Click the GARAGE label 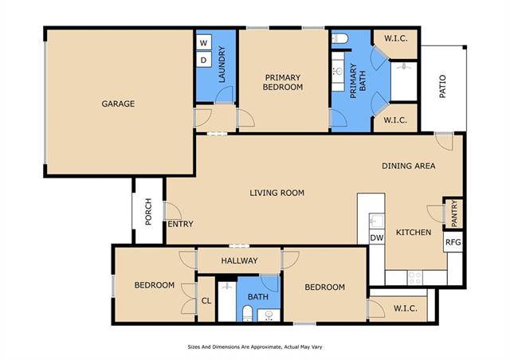point(118,104)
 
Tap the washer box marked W point(204,42)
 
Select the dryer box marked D point(204,60)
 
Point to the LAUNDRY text point(222,64)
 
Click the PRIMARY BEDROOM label point(283,82)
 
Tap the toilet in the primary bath point(339,39)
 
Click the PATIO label point(442,86)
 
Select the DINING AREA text point(409,166)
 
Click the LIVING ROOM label point(277,193)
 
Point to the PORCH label point(148,211)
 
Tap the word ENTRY point(181,224)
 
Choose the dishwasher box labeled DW point(377,237)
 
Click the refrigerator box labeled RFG point(453,242)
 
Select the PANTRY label point(454,213)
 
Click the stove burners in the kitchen point(415,278)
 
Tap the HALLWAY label point(239,260)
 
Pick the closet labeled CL point(206,299)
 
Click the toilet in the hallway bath point(247,313)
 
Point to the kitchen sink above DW point(377,221)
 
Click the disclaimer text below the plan point(255,347)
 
